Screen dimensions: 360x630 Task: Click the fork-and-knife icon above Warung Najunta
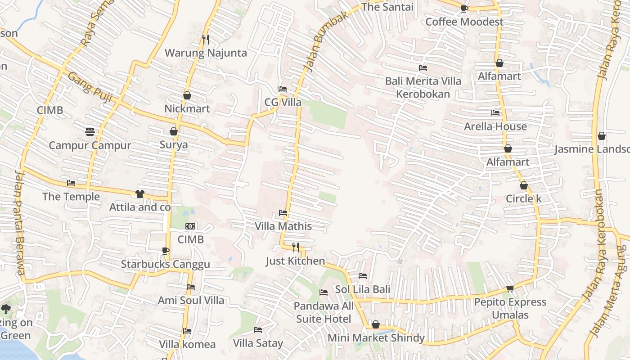tap(206, 40)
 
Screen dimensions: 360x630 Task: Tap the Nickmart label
tap(187, 108)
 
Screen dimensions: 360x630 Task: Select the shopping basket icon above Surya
tap(174, 131)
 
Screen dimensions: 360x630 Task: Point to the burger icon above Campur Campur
tap(90, 132)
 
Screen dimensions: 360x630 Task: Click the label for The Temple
tap(71, 197)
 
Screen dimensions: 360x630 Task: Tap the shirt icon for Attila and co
tap(139, 194)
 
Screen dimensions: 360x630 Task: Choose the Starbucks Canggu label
tap(165, 264)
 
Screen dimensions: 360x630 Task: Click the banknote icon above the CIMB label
tap(190, 226)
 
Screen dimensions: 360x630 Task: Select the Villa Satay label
tap(258, 343)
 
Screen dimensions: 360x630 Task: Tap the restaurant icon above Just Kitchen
tap(296, 247)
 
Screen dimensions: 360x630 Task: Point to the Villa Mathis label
tap(283, 226)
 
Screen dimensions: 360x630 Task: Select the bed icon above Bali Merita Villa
tap(423, 68)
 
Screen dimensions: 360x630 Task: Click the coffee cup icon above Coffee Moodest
tap(464, 9)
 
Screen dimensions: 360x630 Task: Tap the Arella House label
tap(495, 126)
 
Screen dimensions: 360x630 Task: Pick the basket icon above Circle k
tap(524, 185)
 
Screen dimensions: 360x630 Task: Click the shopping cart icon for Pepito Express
tap(510, 288)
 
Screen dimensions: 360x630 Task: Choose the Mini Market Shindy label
tap(376, 338)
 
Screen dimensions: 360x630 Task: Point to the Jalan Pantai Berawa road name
tap(19, 222)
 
